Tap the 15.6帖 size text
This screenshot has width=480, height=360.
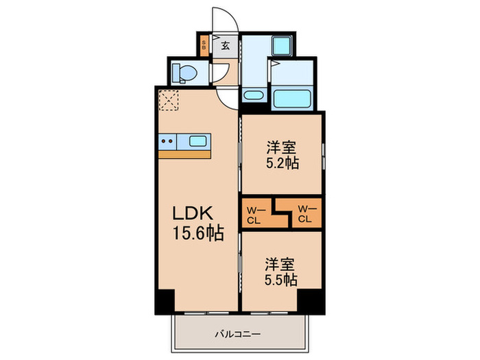[198, 234]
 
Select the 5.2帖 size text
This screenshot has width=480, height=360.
[281, 165]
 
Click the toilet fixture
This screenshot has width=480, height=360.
[183, 72]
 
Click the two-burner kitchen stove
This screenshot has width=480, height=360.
[168, 143]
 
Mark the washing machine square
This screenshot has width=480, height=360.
[281, 47]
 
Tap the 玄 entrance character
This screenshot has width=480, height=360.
[225, 47]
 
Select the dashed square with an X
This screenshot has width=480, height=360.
[168, 101]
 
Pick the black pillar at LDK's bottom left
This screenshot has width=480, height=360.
[165, 302]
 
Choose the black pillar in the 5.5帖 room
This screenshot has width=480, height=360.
[310, 300]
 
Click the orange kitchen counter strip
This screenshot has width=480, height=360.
[184, 155]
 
